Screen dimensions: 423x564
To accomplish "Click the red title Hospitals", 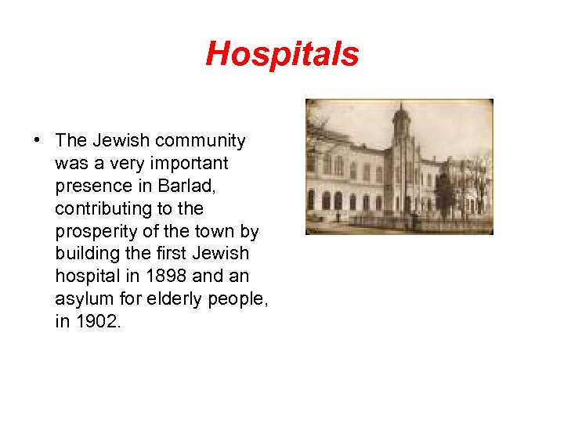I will click(282, 54).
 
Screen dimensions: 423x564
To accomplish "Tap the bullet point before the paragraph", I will click(37, 141).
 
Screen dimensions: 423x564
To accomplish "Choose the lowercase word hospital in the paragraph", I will click(85, 277).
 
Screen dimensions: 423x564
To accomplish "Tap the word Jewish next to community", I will click(121, 141).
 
